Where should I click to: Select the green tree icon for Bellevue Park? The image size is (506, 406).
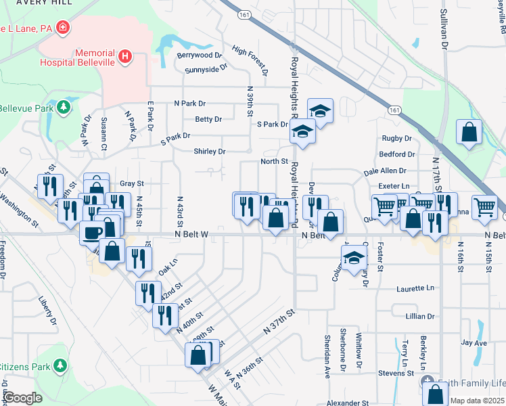tap(63, 107)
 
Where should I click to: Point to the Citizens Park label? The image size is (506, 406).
tap(24, 366)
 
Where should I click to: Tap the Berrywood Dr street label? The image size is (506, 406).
tap(200, 55)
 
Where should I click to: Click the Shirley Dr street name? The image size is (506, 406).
tap(209, 152)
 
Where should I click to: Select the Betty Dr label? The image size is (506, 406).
tap(208, 119)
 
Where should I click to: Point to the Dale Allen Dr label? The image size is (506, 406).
tap(384, 172)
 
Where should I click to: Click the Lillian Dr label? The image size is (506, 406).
tap(420, 316)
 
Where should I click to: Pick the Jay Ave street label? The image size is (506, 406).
tap(474, 343)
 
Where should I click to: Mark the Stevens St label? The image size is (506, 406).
tap(396, 373)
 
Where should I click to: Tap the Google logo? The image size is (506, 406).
tap(22, 398)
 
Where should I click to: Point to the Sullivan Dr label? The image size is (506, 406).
tap(444, 28)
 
